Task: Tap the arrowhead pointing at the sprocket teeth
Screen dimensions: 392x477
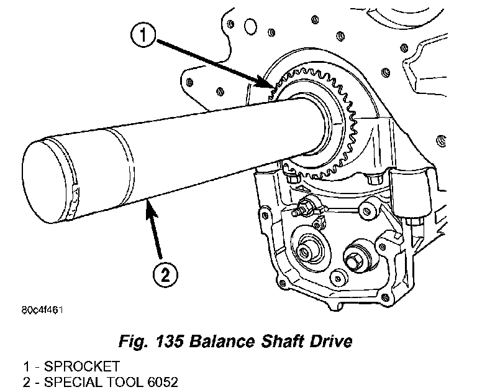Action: click(269, 86)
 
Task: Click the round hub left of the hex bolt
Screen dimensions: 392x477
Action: click(306, 251)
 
